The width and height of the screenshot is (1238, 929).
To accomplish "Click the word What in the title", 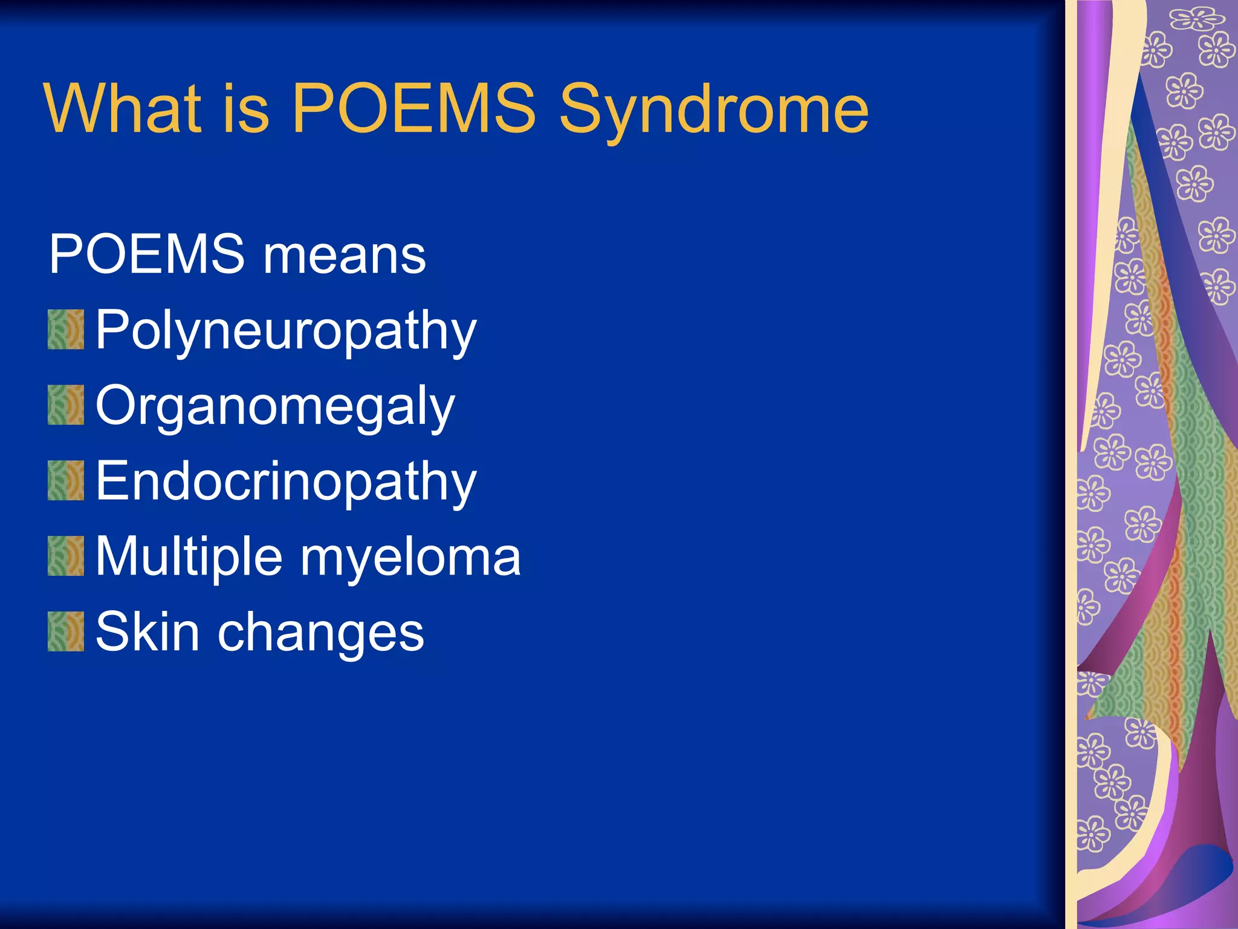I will pos(123,109).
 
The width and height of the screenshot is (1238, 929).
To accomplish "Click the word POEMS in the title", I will pos(413,109).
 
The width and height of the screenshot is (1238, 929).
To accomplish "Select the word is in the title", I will pos(246,109).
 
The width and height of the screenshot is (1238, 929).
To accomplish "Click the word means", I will pos(344,255).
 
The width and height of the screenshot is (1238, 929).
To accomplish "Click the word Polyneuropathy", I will pos(286,331).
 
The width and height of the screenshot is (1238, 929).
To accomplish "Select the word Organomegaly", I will pos(275,407).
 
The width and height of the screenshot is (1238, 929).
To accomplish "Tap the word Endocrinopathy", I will pos(286,482).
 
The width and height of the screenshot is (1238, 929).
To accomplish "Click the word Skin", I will pos(147,632).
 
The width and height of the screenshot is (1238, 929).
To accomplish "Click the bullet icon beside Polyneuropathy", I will pos(66,330).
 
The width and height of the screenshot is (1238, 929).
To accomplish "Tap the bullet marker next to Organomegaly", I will pos(66,405).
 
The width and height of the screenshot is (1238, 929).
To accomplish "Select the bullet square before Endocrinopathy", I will pos(66,480).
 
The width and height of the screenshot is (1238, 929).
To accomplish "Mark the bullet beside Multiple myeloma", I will pos(66,556).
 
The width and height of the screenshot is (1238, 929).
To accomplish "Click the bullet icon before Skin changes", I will pos(66,631).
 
